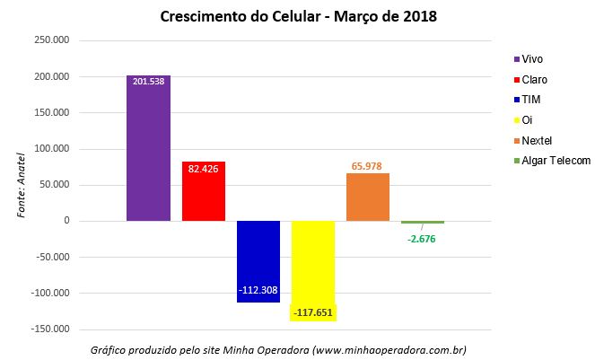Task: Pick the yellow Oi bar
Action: [313, 265]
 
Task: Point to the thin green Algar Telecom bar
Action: [423, 222]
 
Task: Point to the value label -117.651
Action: [313, 312]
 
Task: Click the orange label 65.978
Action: [368, 165]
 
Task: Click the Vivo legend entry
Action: [530, 59]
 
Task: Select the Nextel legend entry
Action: [536, 140]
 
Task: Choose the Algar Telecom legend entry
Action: [551, 161]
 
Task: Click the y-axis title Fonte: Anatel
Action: [22, 185]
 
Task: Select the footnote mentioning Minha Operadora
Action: [279, 349]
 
